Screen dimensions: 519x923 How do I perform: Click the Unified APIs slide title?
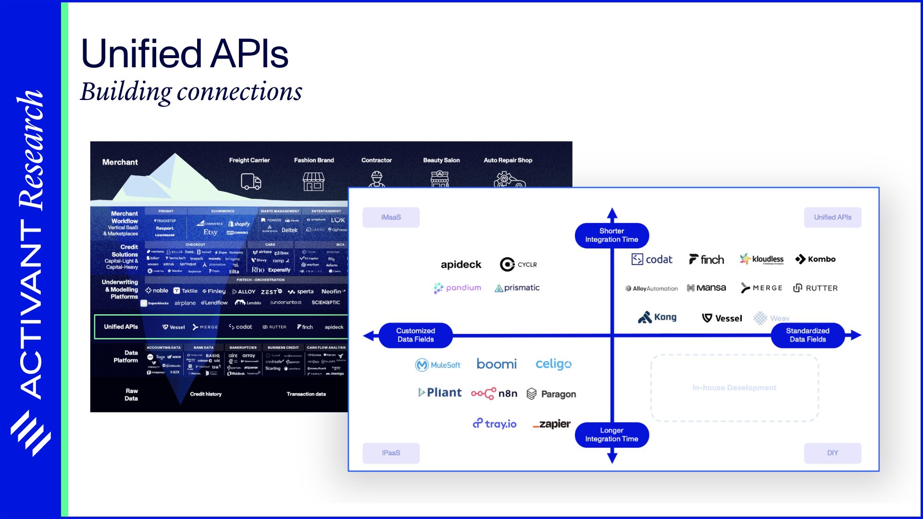pos(185,54)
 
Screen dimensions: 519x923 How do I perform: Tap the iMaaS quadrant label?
pos(391,217)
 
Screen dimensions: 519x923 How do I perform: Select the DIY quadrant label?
pos(832,453)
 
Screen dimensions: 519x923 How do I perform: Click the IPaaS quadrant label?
pos(391,453)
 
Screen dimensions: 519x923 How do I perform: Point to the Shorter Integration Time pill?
pos(611,235)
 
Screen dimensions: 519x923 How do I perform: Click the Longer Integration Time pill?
pos(611,434)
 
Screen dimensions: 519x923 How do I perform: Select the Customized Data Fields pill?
pos(415,335)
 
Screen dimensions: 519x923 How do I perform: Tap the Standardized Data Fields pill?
pos(808,335)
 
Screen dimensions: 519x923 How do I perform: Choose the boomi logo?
pos(496,364)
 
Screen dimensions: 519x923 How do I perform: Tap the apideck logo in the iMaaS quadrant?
pos(461,264)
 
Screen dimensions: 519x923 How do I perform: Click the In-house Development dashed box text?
pos(734,388)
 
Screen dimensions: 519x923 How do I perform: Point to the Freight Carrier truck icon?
pos(250,182)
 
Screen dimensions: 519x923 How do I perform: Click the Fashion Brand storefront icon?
pos(313,182)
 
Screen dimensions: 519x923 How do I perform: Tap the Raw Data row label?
pos(131,395)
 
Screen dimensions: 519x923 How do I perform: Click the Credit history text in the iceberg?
pos(206,394)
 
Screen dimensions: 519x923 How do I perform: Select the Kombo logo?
pos(815,259)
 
